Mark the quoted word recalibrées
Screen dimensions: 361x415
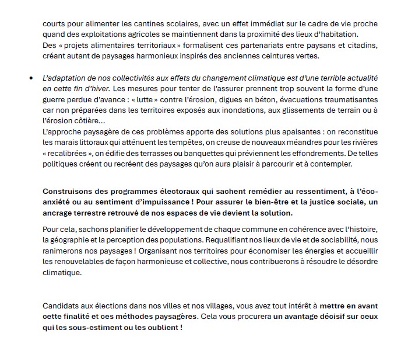[69, 153]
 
